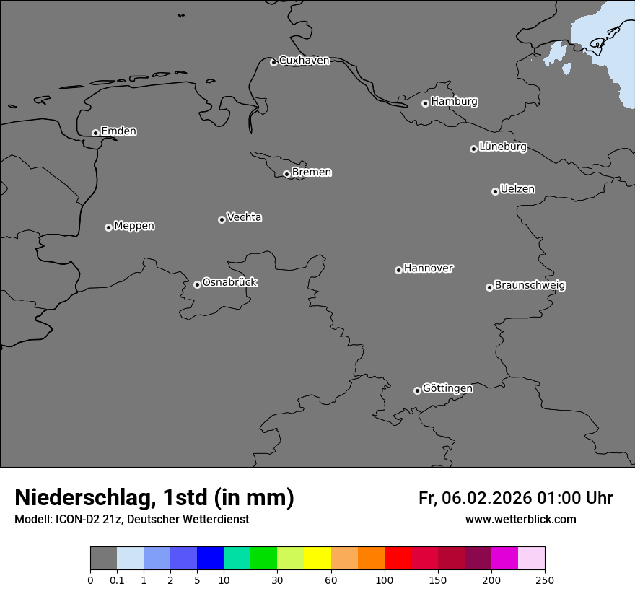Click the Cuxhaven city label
click(x=304, y=61)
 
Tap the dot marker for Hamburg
click(x=425, y=103)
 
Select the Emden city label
click(x=118, y=131)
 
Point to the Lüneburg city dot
click(x=473, y=149)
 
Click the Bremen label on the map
click(x=312, y=172)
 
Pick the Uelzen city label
click(x=517, y=190)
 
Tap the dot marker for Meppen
click(x=108, y=227)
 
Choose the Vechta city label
click(x=244, y=217)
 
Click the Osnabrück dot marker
click(x=197, y=284)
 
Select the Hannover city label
click(x=428, y=268)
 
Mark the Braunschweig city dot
click(x=489, y=287)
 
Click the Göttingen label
click(x=447, y=388)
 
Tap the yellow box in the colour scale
click(x=317, y=559)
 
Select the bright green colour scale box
click(x=264, y=559)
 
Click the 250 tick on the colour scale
click(x=545, y=580)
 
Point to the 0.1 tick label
click(x=117, y=580)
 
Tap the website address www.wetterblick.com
click(x=520, y=520)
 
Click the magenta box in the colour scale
click(x=504, y=559)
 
